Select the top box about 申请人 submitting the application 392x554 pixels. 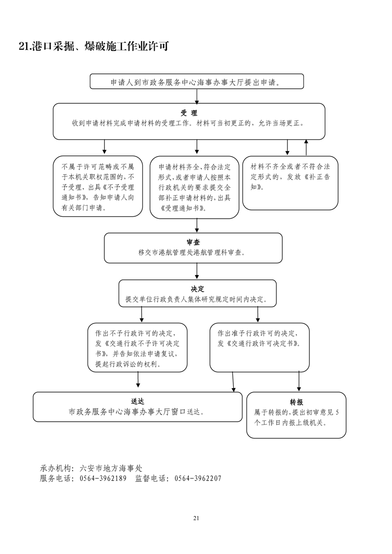tap(196, 81)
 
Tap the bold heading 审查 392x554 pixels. tap(193, 242)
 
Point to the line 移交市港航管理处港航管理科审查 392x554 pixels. tap(193, 252)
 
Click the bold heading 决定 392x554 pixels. tap(197, 289)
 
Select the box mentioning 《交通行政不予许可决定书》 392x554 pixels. tap(137, 347)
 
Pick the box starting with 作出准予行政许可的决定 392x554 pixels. tap(260, 347)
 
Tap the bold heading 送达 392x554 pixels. tap(137, 401)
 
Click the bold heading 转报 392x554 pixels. tap(296, 402)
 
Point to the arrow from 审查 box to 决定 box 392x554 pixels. tap(197, 271)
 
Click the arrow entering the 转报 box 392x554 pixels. tap(299, 382)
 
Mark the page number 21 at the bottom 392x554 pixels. tap(196, 518)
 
